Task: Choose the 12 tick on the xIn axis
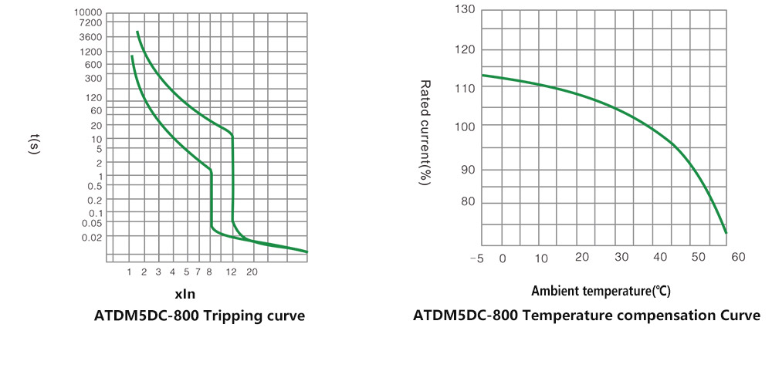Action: [232, 272]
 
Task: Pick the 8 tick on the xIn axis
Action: [208, 272]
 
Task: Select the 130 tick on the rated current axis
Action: [466, 10]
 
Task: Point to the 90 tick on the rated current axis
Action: [469, 170]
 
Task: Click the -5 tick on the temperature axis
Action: [476, 258]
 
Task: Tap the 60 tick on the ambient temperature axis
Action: [738, 257]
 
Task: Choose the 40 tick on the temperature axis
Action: [659, 257]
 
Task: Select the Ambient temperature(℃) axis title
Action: [601, 291]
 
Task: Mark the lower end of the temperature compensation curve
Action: [726, 232]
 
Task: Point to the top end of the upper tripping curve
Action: [137, 32]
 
